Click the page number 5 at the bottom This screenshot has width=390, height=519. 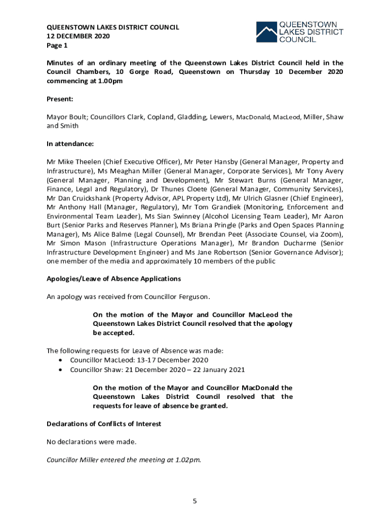(194, 501)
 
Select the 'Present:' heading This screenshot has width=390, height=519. (60, 99)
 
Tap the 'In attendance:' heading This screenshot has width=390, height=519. (70, 144)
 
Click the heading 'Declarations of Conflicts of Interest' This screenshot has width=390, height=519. (104, 423)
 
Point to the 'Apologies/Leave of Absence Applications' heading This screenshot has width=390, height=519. (113, 279)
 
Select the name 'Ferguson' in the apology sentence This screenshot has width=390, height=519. (194, 296)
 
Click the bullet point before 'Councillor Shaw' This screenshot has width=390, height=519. (61, 370)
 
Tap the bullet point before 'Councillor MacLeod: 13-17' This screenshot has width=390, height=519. (61, 360)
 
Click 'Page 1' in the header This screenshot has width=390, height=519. (57, 46)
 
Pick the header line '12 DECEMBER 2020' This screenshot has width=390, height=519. (78, 36)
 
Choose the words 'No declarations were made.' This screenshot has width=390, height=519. (92, 441)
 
